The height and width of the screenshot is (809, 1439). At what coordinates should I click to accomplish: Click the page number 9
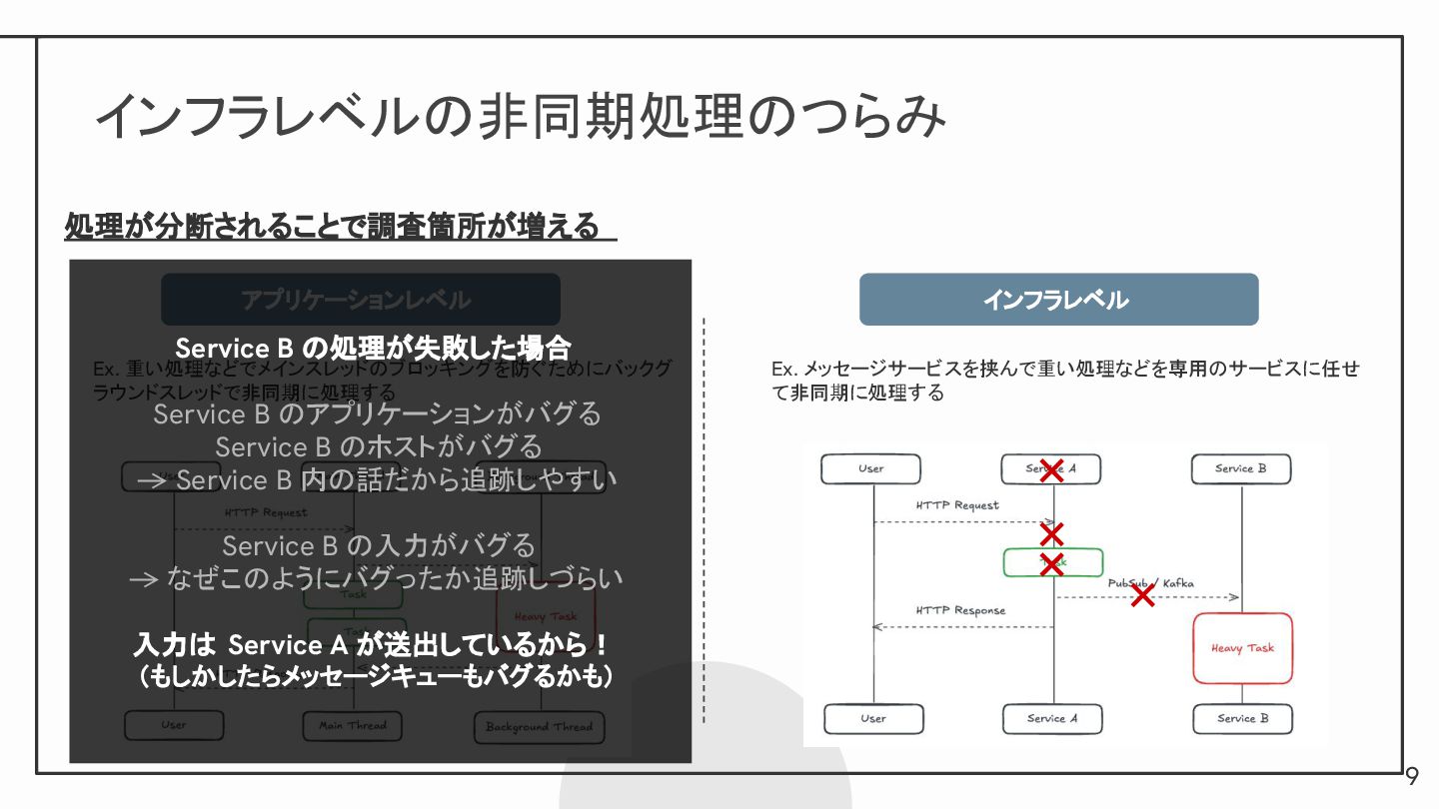point(1412,777)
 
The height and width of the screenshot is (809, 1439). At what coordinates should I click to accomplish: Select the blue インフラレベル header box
point(1058,300)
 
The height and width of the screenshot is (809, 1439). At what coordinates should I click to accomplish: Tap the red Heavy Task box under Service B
point(1242,648)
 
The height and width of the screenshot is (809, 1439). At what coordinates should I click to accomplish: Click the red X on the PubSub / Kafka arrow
point(1142,595)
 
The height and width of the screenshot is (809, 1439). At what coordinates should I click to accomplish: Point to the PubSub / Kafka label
point(1150,583)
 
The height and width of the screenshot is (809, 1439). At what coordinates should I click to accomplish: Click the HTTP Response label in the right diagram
point(960,610)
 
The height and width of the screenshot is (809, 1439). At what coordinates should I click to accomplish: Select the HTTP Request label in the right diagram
point(957,505)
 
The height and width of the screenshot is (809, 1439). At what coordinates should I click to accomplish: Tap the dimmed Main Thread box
point(353,726)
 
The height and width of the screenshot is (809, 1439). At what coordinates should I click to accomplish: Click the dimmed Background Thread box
point(539,727)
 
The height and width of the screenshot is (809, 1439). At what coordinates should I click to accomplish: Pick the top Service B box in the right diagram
point(1240,468)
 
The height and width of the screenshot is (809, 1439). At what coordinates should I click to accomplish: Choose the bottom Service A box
point(1052,718)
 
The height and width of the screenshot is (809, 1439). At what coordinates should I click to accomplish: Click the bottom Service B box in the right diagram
point(1242,718)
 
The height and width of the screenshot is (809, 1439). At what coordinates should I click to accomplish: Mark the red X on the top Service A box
point(1050,470)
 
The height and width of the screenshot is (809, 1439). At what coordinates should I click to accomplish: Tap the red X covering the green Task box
point(1050,563)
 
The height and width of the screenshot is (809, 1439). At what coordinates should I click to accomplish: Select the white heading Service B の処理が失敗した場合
point(373,349)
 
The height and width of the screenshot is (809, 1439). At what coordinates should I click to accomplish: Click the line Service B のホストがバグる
point(379,446)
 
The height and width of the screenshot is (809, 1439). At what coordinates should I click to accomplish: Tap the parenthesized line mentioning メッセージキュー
point(375,677)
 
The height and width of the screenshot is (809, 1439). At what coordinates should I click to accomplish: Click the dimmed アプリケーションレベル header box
point(360,300)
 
